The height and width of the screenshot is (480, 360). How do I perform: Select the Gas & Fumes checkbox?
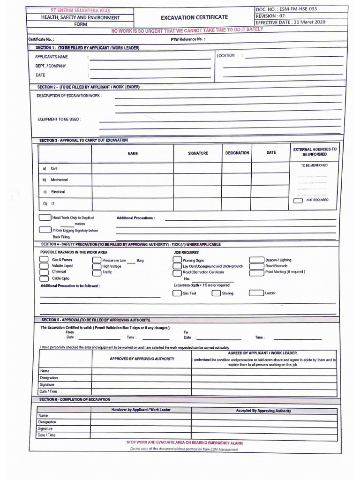pos(44,260)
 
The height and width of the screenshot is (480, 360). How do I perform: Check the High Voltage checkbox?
pos(96,266)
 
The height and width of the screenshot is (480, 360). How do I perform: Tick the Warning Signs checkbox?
pos(177,260)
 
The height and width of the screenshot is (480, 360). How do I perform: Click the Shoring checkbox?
pos(216,293)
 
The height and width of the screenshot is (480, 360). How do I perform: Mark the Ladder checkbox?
pos(256,293)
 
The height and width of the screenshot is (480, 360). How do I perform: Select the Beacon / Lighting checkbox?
pos(256,260)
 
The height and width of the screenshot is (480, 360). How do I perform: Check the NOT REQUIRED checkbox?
pos(298,200)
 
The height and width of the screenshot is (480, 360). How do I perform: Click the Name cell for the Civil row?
pos(133,168)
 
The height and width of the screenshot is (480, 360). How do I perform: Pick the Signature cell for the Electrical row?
pos(197,192)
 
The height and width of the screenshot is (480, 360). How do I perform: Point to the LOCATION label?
pos(225,56)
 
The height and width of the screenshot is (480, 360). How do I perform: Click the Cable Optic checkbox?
pos(44,278)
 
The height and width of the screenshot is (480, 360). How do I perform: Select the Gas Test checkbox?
pos(177,293)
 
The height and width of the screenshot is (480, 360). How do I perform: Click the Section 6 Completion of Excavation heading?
pos(75,399)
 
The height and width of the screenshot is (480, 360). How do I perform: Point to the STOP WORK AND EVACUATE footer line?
pos(185,442)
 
